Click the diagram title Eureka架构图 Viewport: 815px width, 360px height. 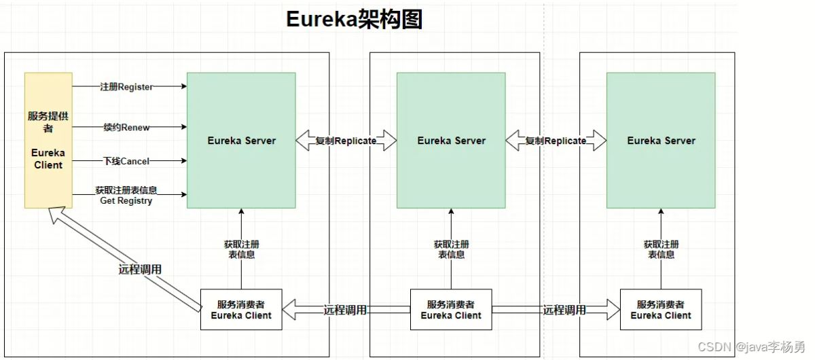354,20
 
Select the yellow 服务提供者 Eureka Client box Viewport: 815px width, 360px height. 48,140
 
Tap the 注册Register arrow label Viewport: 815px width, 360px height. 126,87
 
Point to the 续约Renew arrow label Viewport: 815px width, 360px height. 126,126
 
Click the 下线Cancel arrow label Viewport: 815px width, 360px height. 126,161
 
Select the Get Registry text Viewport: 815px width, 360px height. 126,201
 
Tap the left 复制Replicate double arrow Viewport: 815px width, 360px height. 346,141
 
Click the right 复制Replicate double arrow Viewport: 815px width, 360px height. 556,141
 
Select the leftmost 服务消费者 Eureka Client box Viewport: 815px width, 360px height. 241,310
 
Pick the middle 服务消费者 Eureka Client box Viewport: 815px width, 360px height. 451,310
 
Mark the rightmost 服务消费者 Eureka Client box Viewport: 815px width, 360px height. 661,310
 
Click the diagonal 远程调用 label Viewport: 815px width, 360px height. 140,269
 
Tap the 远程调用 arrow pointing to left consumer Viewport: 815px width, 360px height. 346,310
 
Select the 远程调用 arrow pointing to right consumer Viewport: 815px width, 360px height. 564,310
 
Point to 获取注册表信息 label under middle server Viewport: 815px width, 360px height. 451,249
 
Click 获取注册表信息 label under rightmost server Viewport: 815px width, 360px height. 661,249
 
